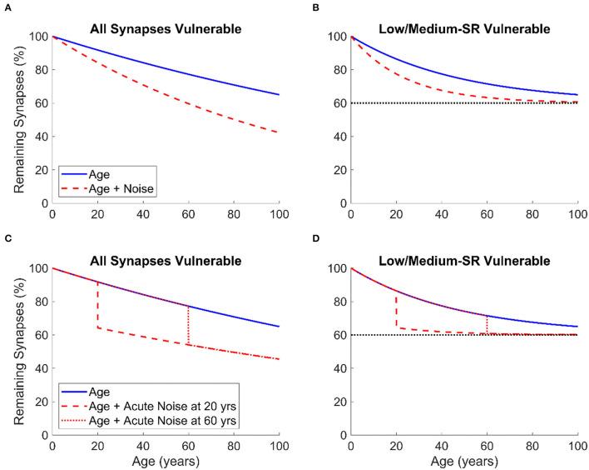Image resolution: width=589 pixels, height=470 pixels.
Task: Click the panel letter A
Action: [7, 7]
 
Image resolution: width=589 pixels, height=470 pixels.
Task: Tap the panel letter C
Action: [7, 239]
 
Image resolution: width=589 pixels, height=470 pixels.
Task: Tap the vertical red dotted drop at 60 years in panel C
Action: [189, 325]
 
